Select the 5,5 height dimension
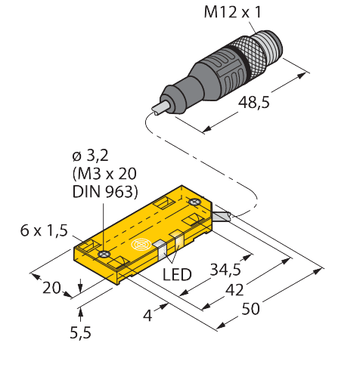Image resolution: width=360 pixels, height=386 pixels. [80, 333]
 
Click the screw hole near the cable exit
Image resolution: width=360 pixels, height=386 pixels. [194, 202]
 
